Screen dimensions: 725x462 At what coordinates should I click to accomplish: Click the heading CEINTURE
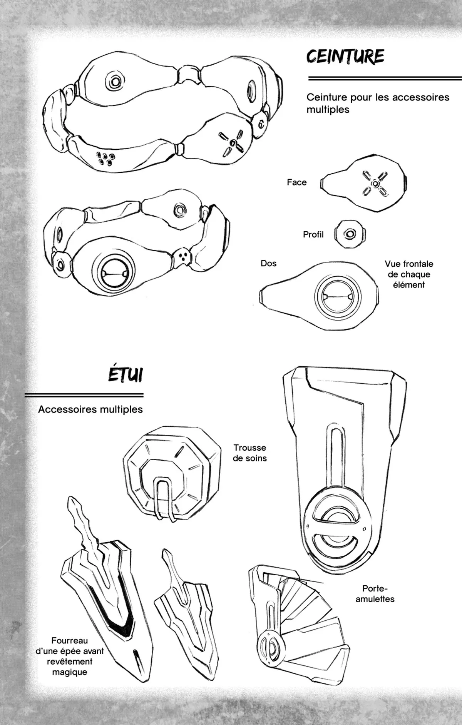click(x=345, y=57)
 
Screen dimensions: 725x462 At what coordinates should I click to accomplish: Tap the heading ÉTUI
click(x=124, y=374)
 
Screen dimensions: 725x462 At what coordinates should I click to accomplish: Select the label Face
click(x=296, y=182)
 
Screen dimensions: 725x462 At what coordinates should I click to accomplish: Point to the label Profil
click(x=313, y=234)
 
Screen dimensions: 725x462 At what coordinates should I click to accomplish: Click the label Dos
click(x=268, y=264)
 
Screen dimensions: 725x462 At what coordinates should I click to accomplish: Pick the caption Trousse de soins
click(x=249, y=453)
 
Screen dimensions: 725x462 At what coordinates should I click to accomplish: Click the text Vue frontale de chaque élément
click(x=408, y=274)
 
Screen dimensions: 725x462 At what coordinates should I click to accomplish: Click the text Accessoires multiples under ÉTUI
click(x=90, y=409)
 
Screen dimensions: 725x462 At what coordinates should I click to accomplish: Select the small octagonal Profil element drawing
click(x=350, y=234)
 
